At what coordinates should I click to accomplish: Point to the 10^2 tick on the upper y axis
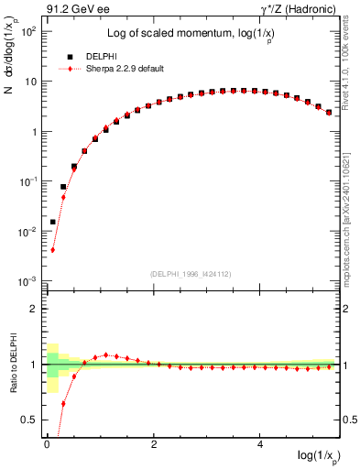click(27, 31)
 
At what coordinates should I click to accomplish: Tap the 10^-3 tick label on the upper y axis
click(27, 281)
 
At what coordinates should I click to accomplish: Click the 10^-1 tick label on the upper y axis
click(27, 181)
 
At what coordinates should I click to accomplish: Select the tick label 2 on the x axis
click(154, 445)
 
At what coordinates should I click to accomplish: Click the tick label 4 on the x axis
click(261, 445)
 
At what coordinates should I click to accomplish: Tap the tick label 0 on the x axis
click(47, 445)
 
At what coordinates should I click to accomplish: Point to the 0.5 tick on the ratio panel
click(30, 420)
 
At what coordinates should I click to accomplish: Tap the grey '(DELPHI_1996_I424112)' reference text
click(191, 274)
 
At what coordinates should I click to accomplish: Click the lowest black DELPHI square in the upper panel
click(53, 222)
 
